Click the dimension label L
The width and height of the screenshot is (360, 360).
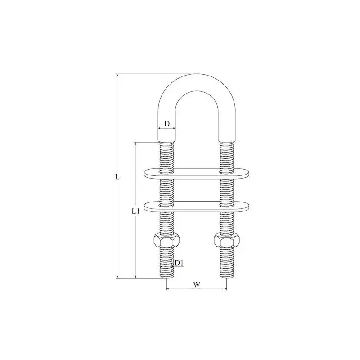point(117,177)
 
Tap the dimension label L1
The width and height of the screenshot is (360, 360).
point(135,211)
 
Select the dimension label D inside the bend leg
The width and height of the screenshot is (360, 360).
point(167,124)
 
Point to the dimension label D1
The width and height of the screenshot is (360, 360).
point(179,263)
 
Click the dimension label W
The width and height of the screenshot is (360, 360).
point(197,285)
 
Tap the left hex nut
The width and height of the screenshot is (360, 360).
point(166,241)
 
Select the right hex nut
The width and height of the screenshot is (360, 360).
point(227,241)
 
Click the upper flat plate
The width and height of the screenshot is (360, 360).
point(197,173)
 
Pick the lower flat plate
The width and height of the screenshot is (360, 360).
point(197,207)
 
